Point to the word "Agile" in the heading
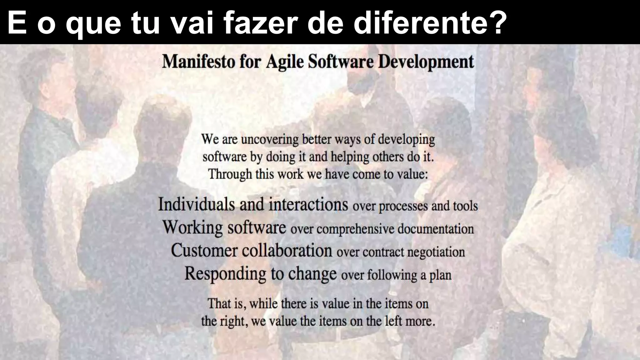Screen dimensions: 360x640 [285, 62]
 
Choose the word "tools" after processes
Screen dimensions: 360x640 [465, 206]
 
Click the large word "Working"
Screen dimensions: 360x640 [192, 227]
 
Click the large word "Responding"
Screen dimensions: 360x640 [225, 274]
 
